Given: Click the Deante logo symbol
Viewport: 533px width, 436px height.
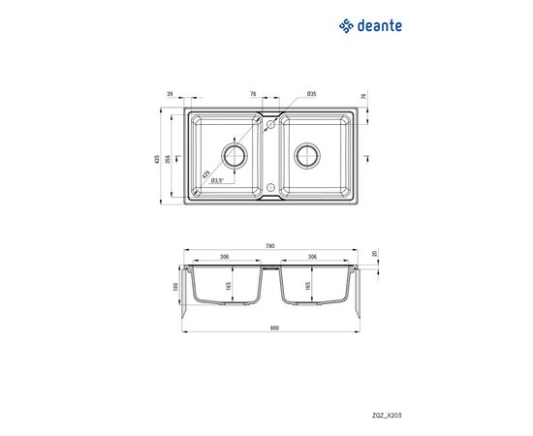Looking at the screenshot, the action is pyautogui.click(x=346, y=26).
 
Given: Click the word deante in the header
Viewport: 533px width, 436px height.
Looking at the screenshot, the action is pyautogui.click(x=379, y=26).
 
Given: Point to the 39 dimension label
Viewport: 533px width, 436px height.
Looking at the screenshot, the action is pyautogui.click(x=171, y=94).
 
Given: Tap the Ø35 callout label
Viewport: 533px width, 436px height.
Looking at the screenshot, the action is pyautogui.click(x=311, y=94).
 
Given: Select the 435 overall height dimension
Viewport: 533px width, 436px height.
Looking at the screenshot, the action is pyautogui.click(x=157, y=159).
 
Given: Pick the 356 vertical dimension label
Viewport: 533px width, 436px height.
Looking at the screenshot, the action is pyautogui.click(x=168, y=159).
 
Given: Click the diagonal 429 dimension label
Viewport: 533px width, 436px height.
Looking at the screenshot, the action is pyautogui.click(x=205, y=174).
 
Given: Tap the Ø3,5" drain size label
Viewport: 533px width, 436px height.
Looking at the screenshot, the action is pyautogui.click(x=217, y=181).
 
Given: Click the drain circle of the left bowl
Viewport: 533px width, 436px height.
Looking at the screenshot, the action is pyautogui.click(x=235, y=156).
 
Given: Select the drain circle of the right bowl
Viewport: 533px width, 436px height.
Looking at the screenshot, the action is pyautogui.click(x=307, y=156).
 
